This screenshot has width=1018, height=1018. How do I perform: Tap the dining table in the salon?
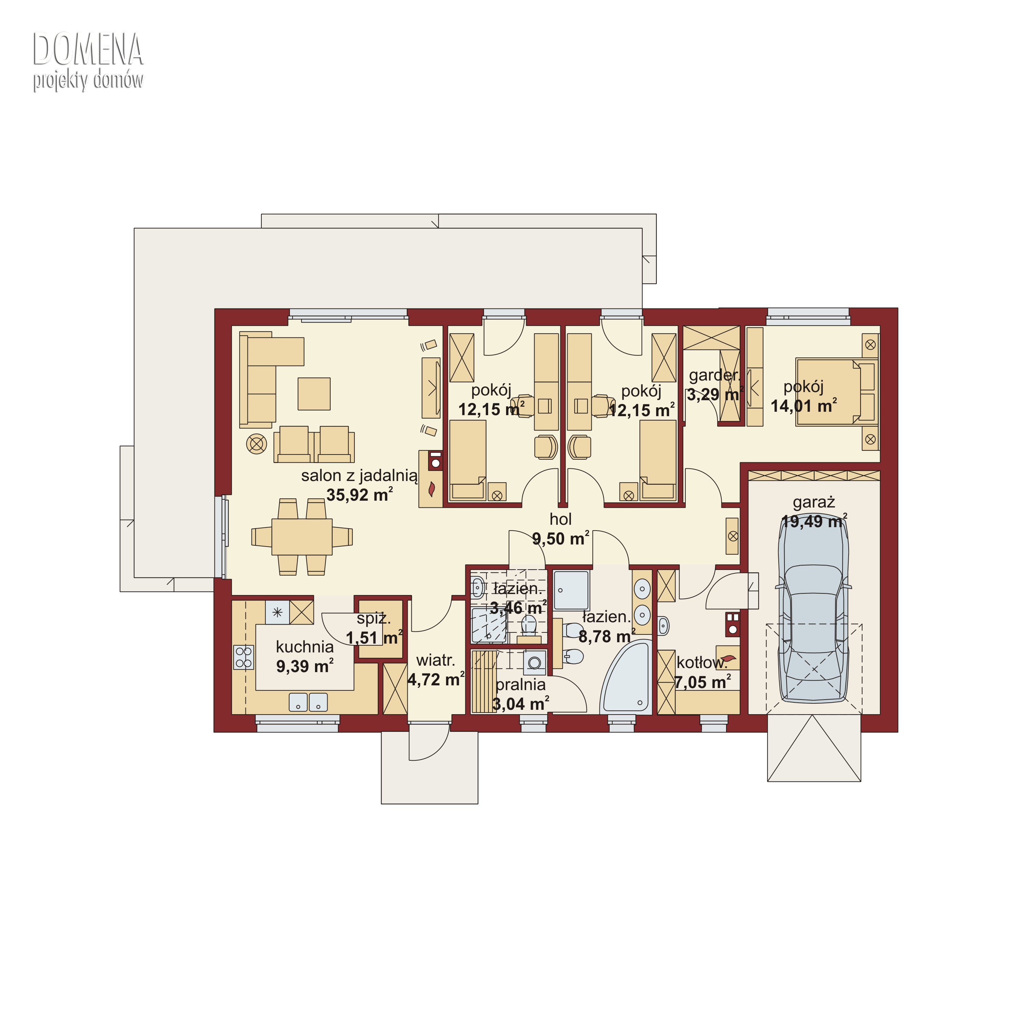pos(302,536)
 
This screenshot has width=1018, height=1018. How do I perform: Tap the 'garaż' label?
pos(814,502)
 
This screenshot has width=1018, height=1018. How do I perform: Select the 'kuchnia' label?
pos(304,647)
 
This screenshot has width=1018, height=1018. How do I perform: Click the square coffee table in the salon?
pos(314,394)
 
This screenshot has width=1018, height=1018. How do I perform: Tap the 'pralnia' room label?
pos(521,685)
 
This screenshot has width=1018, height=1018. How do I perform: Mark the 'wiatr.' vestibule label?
pos(435,660)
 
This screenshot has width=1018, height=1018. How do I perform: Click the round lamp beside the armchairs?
pos(257,444)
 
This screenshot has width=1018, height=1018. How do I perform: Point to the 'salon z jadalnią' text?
pos(359,476)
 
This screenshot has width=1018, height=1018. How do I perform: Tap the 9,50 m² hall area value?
pos(560,538)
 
